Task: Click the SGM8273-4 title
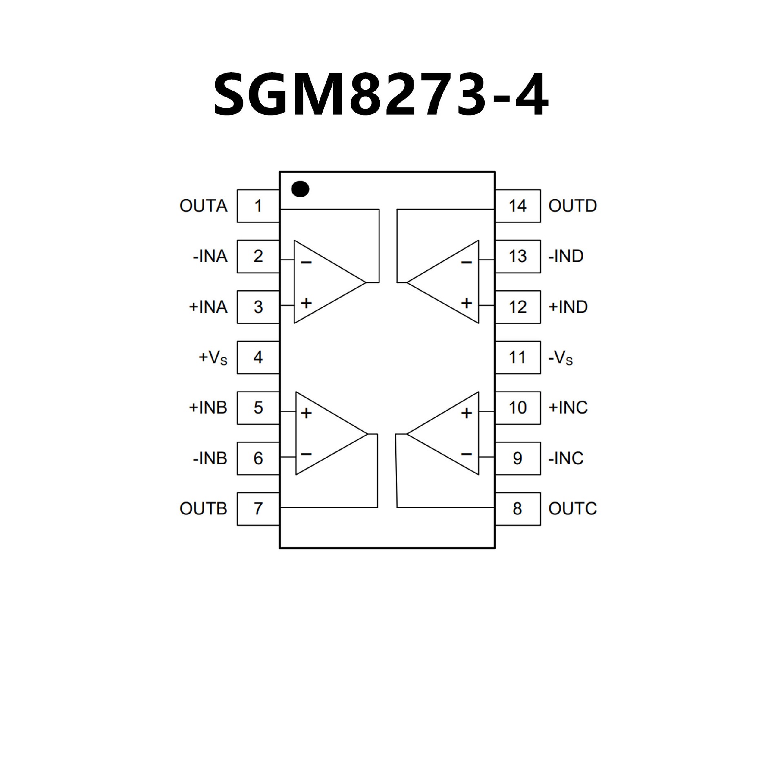381,95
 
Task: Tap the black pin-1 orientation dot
300,189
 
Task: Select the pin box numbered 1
258,206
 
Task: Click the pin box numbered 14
518,206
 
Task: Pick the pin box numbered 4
258,357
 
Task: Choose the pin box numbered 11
518,357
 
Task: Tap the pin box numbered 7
258,509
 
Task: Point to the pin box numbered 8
518,509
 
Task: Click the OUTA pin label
203,206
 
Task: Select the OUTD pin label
572,206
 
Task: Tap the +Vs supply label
213,358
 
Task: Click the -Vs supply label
561,358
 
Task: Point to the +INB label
208,408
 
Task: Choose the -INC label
566,458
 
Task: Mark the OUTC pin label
572,509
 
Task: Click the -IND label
566,256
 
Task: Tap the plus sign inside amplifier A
306,303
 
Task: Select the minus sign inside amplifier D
466,263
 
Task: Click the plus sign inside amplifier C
466,413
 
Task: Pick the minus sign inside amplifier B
306,454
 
